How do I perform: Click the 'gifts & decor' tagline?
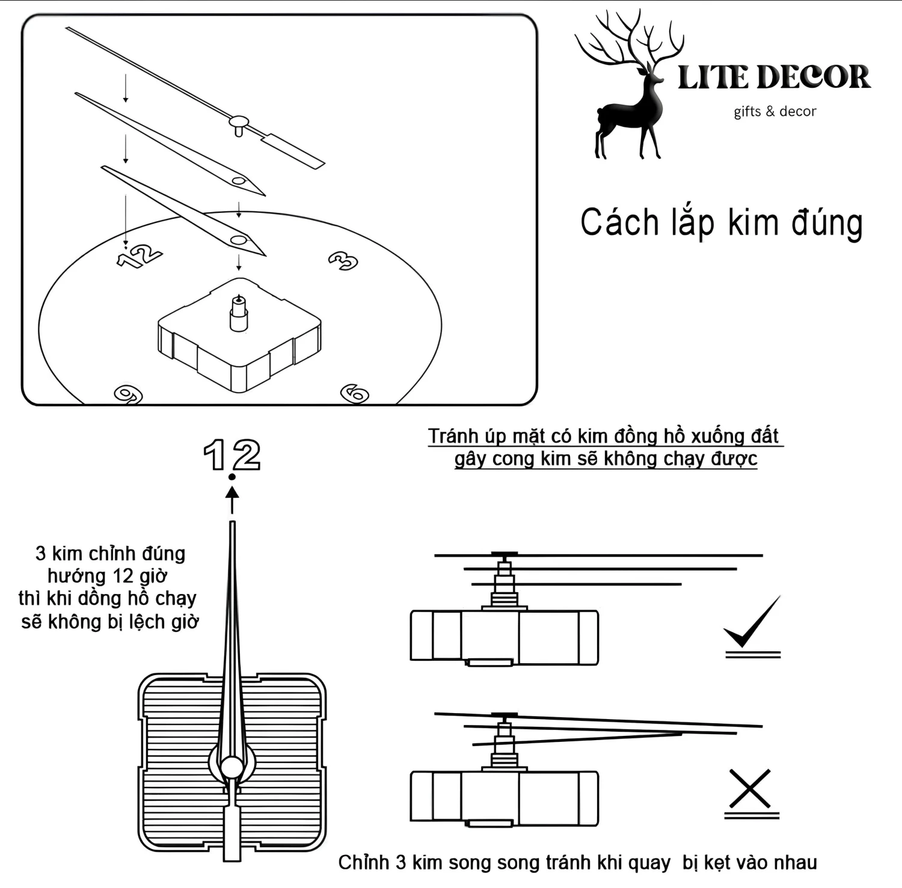775,111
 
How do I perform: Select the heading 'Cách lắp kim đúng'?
721,223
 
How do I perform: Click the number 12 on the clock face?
140,256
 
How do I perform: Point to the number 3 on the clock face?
343,260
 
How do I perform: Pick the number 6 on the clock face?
355,394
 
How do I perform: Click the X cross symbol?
750,788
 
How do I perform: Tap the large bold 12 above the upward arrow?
232,455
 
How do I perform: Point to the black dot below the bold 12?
232,477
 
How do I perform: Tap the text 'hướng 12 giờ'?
108,575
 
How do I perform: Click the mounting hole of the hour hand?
239,240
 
